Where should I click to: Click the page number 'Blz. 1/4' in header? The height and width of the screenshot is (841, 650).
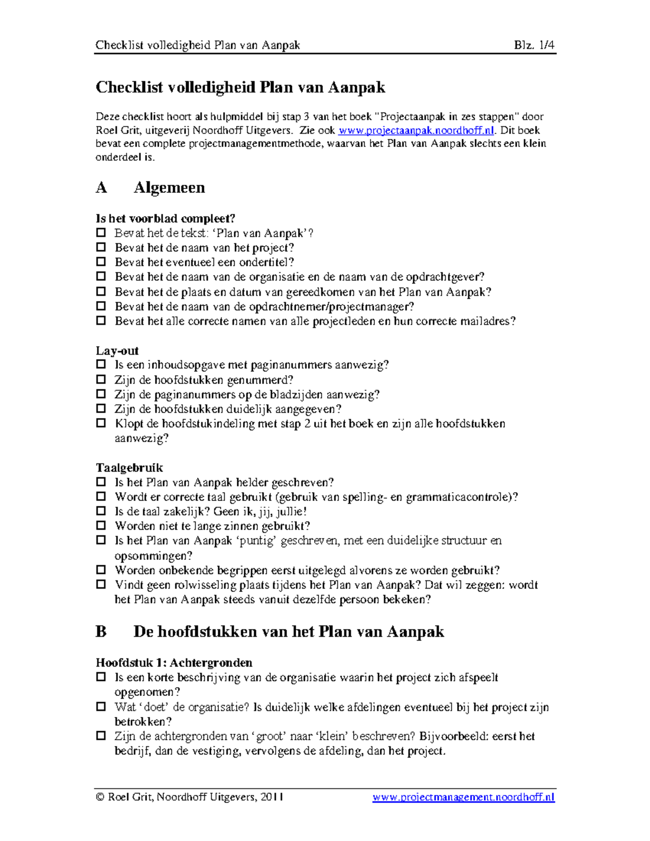pos(534,45)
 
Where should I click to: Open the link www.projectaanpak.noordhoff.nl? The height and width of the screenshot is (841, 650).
pos(416,131)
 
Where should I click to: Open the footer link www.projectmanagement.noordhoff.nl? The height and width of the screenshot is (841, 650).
pos(464,797)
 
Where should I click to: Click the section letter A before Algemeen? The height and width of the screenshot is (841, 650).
pos(101,187)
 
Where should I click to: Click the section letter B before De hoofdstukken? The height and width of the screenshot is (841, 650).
pos(101,631)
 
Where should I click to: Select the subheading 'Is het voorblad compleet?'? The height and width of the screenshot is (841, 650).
pos(166,218)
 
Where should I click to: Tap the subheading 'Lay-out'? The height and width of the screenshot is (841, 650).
pos(117,350)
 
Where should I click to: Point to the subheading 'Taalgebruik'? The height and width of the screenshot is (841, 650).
pos(129,467)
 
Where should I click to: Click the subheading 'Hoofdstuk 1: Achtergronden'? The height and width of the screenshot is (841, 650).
pos(174,662)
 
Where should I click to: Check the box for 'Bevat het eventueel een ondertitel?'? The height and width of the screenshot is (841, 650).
pos(101,262)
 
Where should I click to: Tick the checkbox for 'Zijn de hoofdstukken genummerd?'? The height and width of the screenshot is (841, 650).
pos(101,379)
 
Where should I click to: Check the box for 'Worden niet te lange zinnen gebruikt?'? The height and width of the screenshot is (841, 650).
pos(101,525)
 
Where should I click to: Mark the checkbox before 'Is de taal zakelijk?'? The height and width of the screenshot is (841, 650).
pos(101,511)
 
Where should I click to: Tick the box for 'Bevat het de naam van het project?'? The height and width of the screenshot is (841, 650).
pos(101,247)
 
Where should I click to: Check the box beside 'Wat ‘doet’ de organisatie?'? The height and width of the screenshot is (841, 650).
pos(101,706)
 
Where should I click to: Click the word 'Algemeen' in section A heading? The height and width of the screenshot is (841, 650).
pos(169,187)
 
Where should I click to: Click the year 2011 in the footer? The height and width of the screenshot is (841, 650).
pos(272,797)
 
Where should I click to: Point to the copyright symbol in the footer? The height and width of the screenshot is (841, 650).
pos(100,797)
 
